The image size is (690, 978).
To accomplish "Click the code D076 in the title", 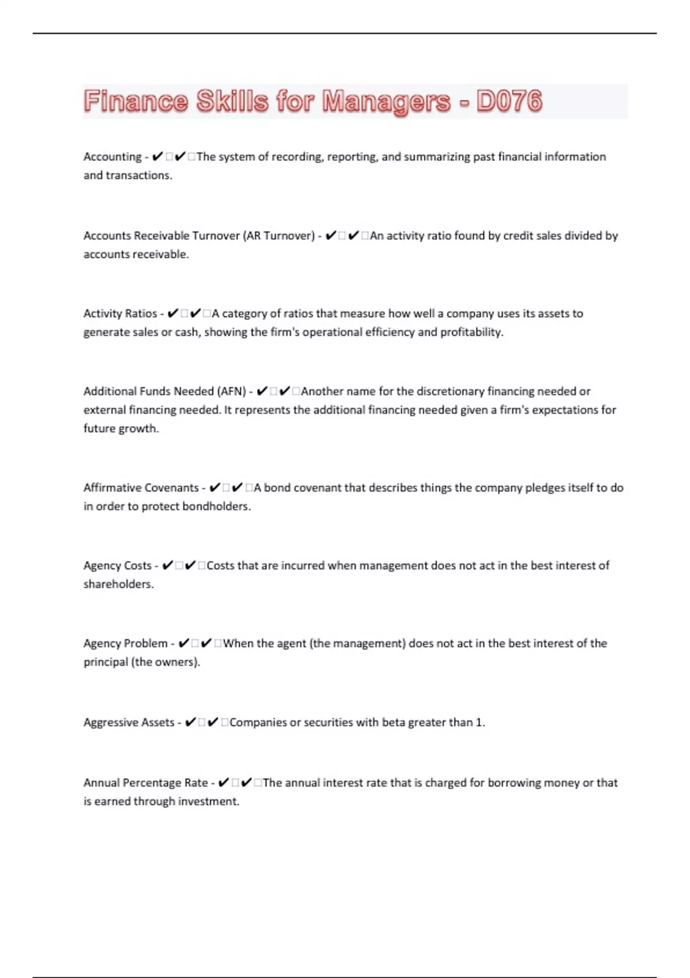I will (x=509, y=101).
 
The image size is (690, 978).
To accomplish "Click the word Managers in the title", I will (x=386, y=102).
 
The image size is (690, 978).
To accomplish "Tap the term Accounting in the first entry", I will (x=112, y=156).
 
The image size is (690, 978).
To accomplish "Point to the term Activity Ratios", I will (x=120, y=314).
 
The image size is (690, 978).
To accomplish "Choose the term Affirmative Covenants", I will (x=141, y=488).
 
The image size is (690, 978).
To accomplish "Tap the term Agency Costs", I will (x=117, y=566).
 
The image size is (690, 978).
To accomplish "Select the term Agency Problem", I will (x=125, y=643).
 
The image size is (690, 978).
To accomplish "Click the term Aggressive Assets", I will (x=129, y=722).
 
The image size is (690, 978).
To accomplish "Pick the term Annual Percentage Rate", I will (x=145, y=782).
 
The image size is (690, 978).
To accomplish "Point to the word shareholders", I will (x=118, y=584).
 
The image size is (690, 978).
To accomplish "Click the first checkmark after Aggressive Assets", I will (x=190, y=722).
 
